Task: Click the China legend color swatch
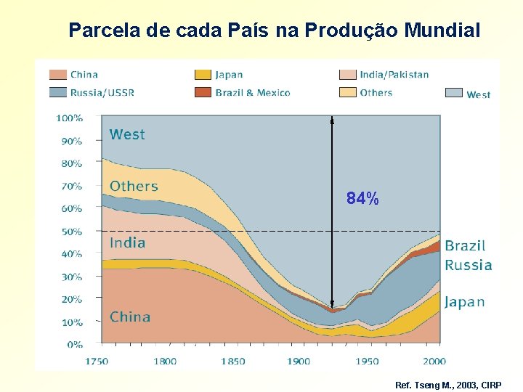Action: [x=58, y=74]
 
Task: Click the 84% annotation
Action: [x=362, y=198]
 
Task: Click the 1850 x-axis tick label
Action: [x=232, y=361]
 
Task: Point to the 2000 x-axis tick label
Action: [x=434, y=361]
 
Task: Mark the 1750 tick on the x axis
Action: [x=97, y=361]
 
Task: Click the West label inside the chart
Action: [x=127, y=134]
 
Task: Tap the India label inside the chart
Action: [x=127, y=242]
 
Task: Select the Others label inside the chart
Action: [x=134, y=186]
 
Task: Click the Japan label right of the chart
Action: [x=464, y=302]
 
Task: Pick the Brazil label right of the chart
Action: [x=465, y=246]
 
